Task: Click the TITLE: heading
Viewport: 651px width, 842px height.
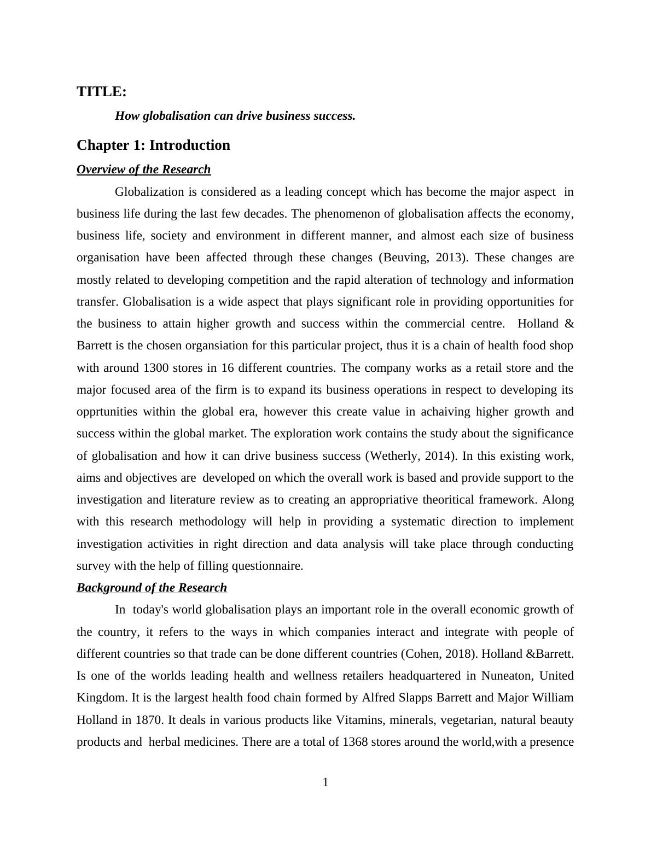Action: tap(102, 92)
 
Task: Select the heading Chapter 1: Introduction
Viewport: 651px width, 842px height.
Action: tap(153, 145)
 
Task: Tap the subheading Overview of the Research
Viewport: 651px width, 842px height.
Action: tap(143, 169)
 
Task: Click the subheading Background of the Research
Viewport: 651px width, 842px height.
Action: tap(152, 588)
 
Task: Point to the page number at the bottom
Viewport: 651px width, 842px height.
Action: tap(326, 782)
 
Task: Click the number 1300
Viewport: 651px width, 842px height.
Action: tap(155, 368)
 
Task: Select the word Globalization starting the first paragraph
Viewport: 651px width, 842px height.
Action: tap(149, 192)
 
